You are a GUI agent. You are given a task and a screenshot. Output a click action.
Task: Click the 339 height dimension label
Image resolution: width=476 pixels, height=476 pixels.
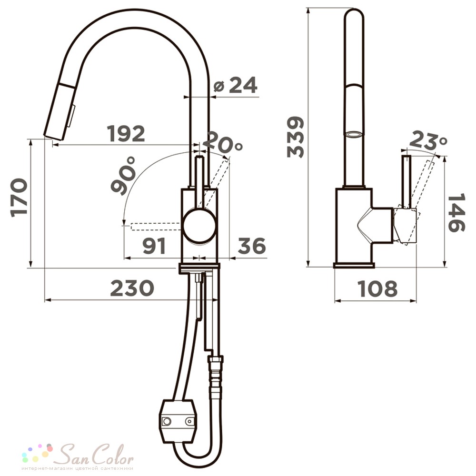pos(296,137)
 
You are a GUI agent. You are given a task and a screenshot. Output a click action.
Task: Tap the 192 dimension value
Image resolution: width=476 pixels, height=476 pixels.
pos(126,134)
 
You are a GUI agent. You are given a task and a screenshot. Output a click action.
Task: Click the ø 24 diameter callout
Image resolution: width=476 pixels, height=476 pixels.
pos(236,85)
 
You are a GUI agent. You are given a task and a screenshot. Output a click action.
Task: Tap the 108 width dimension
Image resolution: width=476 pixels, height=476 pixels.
pos(377,288)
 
